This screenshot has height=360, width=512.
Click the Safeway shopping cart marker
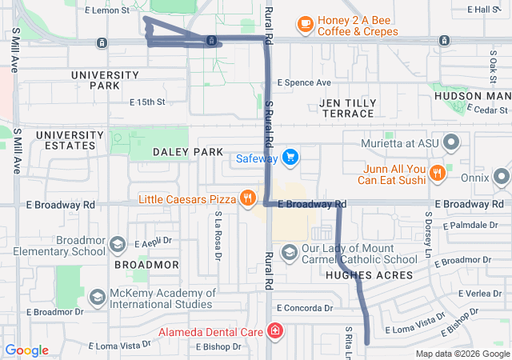290,158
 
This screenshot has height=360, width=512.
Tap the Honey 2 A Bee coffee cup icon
305,25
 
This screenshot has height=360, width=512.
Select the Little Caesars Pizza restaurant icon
248,198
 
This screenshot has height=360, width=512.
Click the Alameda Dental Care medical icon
275,330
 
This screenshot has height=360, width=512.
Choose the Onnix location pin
502,175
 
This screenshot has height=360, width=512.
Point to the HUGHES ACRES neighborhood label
370,275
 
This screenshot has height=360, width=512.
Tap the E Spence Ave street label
304,82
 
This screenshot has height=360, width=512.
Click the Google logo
26,350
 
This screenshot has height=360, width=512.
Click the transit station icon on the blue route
210,41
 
